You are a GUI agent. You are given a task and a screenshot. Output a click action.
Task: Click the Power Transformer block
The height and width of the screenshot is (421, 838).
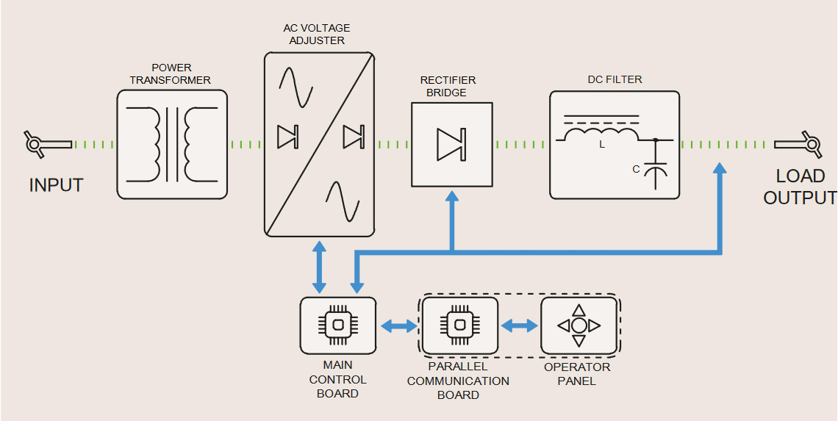172,144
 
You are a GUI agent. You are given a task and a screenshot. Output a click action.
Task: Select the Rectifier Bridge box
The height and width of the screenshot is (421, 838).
451,144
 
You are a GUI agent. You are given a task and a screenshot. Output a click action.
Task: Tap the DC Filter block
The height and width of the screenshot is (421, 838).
615,145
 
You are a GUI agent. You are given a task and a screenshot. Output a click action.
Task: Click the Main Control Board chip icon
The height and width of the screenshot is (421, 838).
337,325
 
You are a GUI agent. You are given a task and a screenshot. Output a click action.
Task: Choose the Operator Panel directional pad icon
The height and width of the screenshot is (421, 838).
579,325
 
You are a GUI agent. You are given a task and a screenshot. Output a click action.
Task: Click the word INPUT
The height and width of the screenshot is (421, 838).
56,185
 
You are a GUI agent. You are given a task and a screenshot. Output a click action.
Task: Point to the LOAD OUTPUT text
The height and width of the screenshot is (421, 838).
800,187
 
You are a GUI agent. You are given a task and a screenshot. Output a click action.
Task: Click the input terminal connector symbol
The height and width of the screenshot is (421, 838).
35,144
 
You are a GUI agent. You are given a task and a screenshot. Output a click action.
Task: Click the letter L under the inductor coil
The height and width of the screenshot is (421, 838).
602,145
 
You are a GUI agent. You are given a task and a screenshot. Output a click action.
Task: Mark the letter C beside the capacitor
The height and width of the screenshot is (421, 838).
636,170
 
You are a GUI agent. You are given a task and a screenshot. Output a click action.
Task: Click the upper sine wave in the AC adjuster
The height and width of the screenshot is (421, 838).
296,87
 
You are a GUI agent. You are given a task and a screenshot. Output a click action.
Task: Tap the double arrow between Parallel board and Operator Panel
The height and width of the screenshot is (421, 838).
520,325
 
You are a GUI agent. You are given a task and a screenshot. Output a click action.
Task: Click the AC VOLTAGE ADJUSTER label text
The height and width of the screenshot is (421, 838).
317,34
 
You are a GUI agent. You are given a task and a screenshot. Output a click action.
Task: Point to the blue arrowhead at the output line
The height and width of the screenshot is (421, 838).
720,169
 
